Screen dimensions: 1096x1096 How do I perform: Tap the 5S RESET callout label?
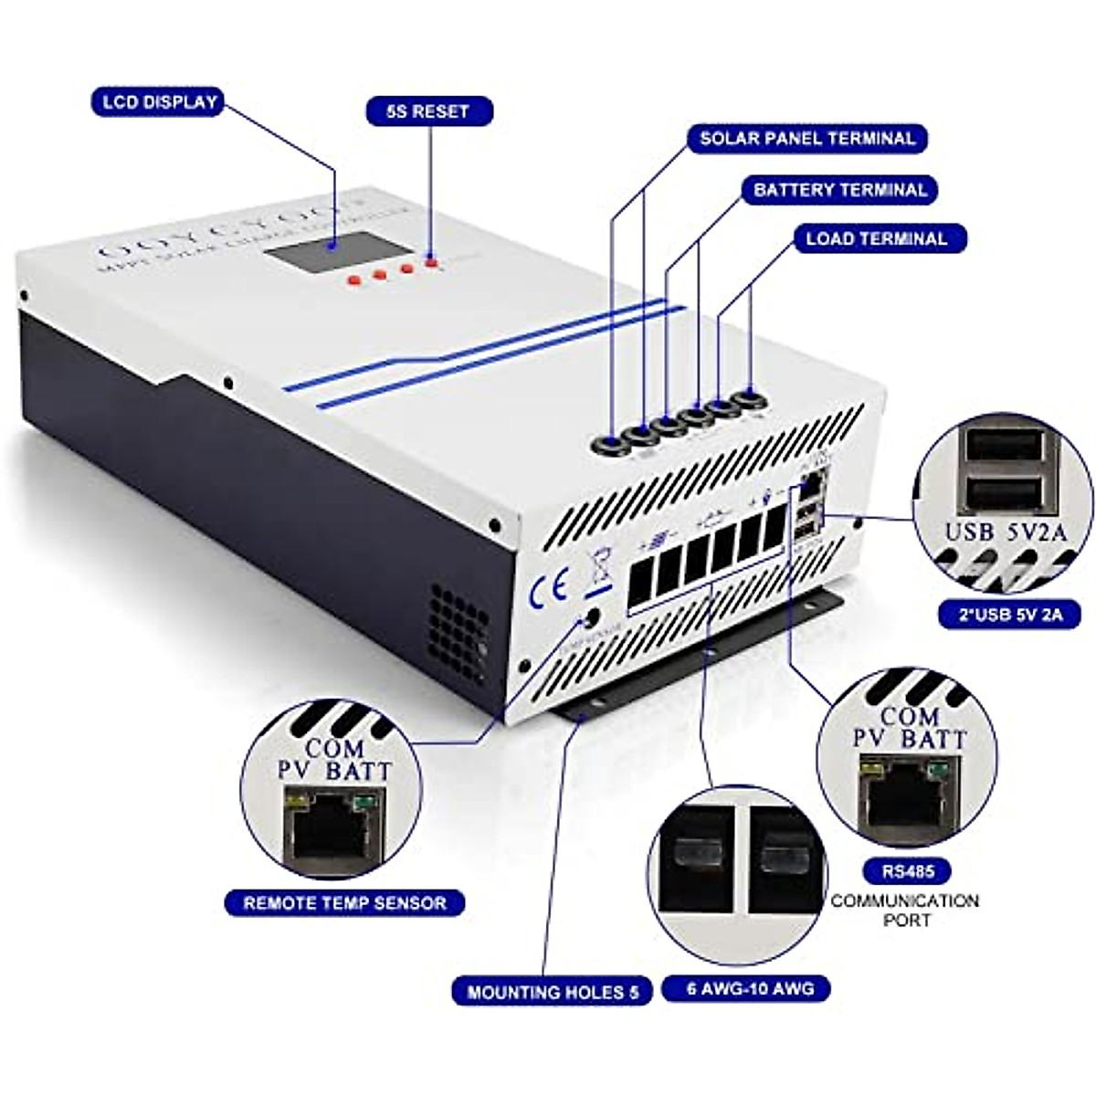[429, 111]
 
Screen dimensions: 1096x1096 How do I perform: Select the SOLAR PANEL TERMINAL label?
[806, 139]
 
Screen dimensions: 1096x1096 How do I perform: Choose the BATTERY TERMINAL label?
[839, 190]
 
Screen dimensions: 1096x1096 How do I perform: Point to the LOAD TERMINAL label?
[875, 239]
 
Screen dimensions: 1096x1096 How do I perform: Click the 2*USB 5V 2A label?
[1009, 615]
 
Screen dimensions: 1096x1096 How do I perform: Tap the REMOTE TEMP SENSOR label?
[344, 903]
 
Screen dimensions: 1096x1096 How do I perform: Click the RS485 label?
[903, 871]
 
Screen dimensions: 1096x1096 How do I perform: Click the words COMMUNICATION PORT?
[904, 910]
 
